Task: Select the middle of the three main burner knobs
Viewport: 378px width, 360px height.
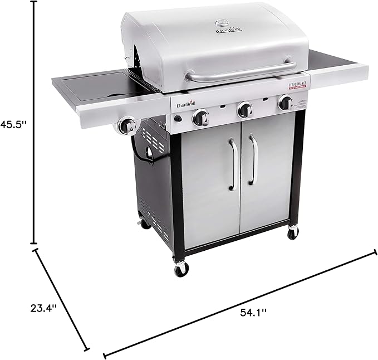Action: pyautogui.click(x=244, y=110)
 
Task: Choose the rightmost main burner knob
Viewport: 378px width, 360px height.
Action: pyautogui.click(x=286, y=103)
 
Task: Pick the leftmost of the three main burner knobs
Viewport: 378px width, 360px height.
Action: pyautogui.click(x=200, y=118)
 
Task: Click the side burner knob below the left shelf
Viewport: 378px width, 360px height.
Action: pyautogui.click(x=127, y=126)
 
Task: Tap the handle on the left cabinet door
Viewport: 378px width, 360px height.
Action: pyautogui.click(x=233, y=164)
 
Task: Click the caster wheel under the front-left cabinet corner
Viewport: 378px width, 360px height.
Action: pyautogui.click(x=181, y=270)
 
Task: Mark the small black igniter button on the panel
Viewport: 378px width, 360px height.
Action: pyautogui.click(x=178, y=119)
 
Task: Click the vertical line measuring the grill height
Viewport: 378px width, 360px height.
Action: pyautogui.click(x=34, y=123)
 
